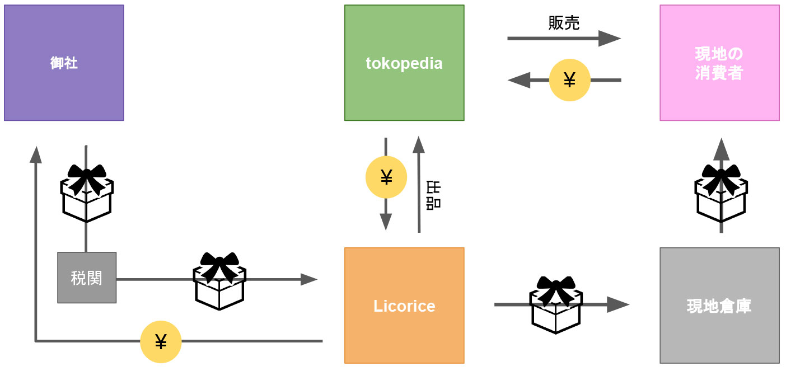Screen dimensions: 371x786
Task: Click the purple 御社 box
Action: [64, 63]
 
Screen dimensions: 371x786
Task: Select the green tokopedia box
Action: [404, 63]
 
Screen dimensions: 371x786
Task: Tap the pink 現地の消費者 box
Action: [719, 63]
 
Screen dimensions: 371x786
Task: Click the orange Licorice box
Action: [404, 306]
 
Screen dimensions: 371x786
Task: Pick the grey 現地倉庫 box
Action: [719, 306]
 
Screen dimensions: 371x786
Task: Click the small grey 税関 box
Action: [87, 278]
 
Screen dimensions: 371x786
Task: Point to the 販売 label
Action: [564, 22]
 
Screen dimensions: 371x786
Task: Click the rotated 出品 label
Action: [433, 195]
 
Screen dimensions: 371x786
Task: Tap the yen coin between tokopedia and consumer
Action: [569, 81]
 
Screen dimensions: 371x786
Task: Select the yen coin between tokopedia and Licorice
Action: [386, 177]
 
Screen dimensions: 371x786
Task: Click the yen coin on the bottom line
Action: [161, 341]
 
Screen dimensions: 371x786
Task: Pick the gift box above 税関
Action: [87, 192]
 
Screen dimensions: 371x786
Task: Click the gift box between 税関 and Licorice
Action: [219, 280]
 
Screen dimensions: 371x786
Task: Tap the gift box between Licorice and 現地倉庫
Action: [556, 304]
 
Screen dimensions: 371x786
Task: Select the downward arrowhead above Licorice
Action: [386, 222]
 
